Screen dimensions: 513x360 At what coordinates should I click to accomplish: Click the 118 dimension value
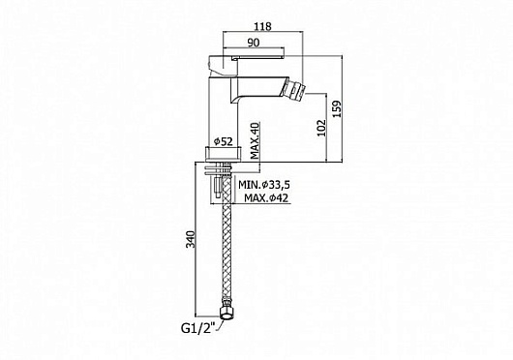[263, 26]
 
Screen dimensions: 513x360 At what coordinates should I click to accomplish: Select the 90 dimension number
[254, 43]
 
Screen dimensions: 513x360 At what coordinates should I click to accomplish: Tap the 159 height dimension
[337, 108]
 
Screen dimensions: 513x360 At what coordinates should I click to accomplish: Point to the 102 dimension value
[322, 128]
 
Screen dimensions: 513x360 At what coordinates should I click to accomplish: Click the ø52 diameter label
[224, 141]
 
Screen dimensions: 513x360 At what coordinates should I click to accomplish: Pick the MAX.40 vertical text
[256, 140]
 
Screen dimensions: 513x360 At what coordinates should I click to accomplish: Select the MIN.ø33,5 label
[264, 185]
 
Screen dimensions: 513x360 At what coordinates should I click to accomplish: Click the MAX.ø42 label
[266, 197]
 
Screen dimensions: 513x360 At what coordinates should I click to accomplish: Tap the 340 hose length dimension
[190, 239]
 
